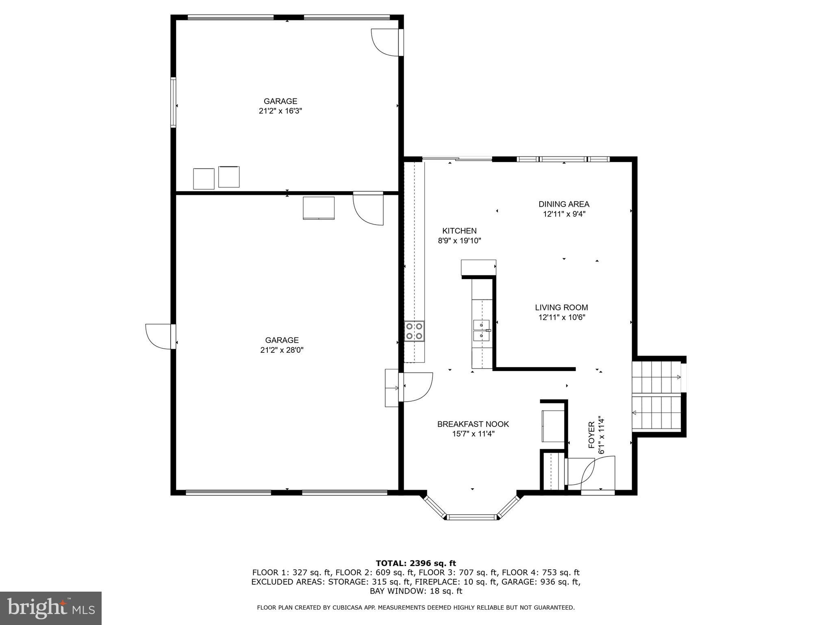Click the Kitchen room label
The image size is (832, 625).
(459, 231)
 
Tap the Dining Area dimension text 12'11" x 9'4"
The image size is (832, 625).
(564, 214)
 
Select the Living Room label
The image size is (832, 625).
(561, 308)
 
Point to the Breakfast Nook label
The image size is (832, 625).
(473, 424)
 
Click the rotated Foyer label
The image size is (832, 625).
(592, 435)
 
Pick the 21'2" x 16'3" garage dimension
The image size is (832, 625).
(280, 111)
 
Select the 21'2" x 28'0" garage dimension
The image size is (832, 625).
(282, 350)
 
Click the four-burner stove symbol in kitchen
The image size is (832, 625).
(414, 331)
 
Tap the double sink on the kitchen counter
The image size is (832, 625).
(482, 330)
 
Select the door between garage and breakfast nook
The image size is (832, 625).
(417, 387)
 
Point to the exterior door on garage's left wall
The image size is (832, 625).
(159, 336)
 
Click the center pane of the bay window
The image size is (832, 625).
(472, 517)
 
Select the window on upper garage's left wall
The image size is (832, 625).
(173, 102)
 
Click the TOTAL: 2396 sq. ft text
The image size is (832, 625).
(415, 563)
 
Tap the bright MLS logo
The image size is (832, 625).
(51, 608)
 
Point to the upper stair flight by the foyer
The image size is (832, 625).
(656, 377)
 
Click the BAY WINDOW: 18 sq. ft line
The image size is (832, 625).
(415, 591)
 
